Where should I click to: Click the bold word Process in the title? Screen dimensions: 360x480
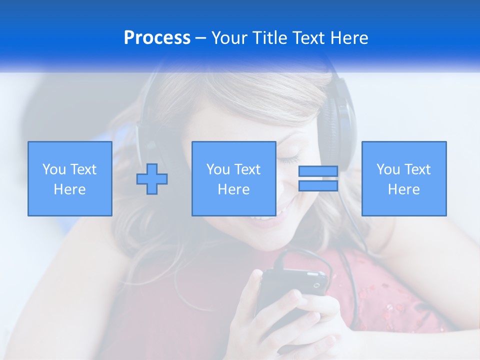(x=157, y=38)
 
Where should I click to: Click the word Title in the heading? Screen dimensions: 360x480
(x=268, y=38)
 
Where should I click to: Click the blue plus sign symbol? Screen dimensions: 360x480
(x=152, y=178)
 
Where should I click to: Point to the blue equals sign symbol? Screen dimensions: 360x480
(x=318, y=178)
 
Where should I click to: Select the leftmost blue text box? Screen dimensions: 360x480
(x=70, y=178)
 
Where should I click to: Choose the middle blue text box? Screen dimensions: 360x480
(x=234, y=178)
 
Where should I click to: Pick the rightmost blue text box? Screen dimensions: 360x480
(x=404, y=178)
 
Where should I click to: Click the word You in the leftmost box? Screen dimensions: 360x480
(x=53, y=169)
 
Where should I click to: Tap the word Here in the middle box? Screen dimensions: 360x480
(x=234, y=189)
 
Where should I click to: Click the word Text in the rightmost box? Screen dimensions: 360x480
(x=418, y=169)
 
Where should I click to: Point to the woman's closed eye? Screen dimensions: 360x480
(x=288, y=160)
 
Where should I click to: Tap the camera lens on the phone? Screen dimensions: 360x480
(x=316, y=285)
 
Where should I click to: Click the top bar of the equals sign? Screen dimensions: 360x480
(x=318, y=171)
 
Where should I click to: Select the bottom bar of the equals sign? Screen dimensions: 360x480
(x=318, y=185)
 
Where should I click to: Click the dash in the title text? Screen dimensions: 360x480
(x=201, y=38)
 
